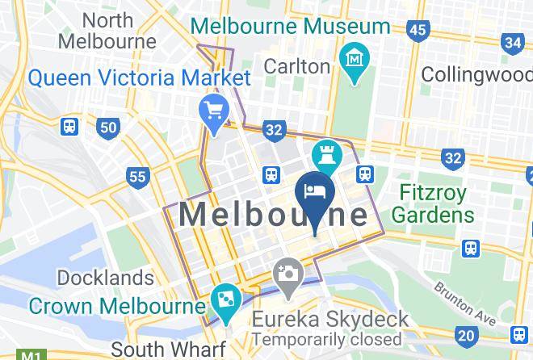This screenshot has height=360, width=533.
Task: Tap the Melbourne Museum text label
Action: (x=290, y=26)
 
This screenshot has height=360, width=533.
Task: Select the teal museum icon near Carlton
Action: (x=355, y=61)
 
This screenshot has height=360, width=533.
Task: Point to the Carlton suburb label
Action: (x=296, y=64)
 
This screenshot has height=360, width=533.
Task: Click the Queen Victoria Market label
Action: (x=139, y=78)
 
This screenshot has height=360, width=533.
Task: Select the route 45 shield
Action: (x=418, y=31)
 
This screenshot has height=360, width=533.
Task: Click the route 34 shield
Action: (x=512, y=43)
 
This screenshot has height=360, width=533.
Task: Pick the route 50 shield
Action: (x=108, y=127)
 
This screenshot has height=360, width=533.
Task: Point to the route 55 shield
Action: (x=138, y=177)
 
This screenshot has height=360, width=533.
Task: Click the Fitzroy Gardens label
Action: (x=434, y=204)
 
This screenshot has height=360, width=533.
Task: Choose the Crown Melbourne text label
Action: (x=117, y=307)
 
